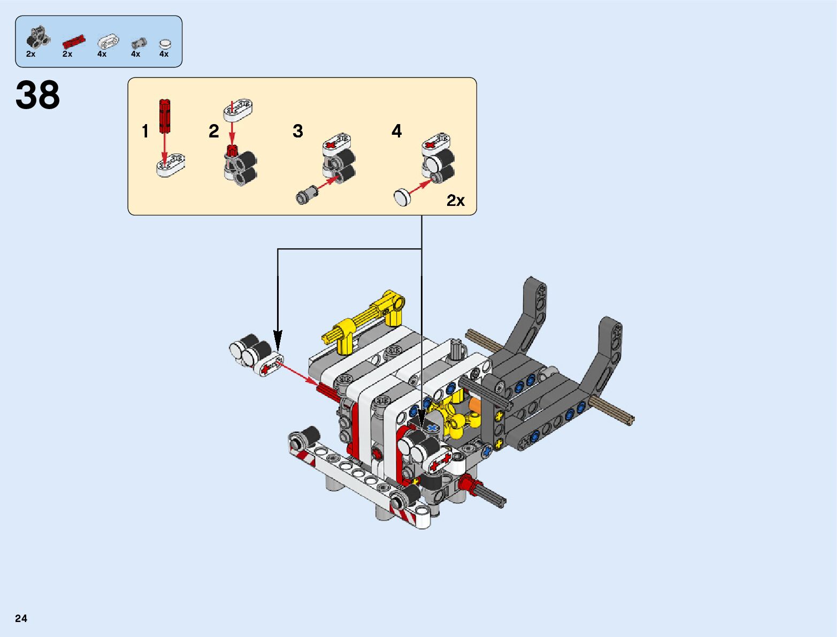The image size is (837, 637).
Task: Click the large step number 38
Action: [x=38, y=96]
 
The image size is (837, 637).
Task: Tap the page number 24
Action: [x=21, y=618]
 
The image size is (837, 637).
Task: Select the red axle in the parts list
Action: [x=74, y=41]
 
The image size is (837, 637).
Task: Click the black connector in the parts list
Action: [x=37, y=36]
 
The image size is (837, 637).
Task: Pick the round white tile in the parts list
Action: [x=165, y=44]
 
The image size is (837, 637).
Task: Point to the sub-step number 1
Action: [x=145, y=132]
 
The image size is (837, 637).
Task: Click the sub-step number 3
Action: [x=298, y=131]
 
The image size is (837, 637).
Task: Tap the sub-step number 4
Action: [x=396, y=131]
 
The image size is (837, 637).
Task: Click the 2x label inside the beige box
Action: [x=456, y=201]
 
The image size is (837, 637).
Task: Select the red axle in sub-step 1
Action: [x=164, y=115]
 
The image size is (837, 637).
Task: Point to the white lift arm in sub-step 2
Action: [x=238, y=107]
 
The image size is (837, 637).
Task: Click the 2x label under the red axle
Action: [x=67, y=54]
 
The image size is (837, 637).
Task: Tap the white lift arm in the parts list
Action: [x=109, y=42]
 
